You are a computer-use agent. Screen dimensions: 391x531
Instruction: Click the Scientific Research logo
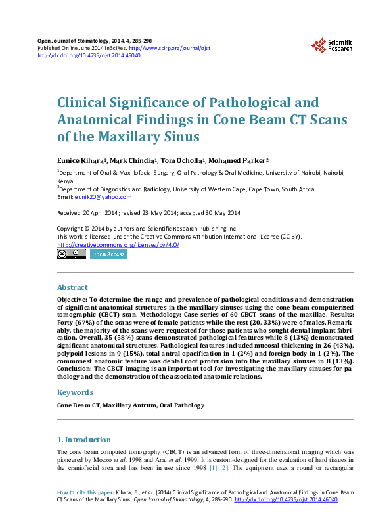click(x=332, y=45)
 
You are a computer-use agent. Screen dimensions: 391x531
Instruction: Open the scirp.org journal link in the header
click(x=169, y=49)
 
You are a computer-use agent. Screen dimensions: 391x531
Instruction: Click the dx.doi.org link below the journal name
click(x=89, y=56)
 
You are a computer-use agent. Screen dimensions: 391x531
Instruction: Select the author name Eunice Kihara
click(x=80, y=160)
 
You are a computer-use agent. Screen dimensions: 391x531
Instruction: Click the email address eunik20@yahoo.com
click(x=103, y=197)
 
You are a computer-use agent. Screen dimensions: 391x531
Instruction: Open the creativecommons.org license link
click(x=118, y=244)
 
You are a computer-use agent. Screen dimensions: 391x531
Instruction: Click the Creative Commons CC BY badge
click(x=71, y=254)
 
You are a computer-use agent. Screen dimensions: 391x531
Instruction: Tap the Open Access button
click(x=108, y=254)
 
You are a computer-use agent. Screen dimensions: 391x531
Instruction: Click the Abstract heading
click(x=72, y=287)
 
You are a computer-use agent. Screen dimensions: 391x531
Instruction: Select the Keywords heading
click(x=75, y=392)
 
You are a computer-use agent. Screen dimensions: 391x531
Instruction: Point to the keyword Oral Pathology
click(x=182, y=405)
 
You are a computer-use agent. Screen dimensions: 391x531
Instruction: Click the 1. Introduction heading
click(x=84, y=440)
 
